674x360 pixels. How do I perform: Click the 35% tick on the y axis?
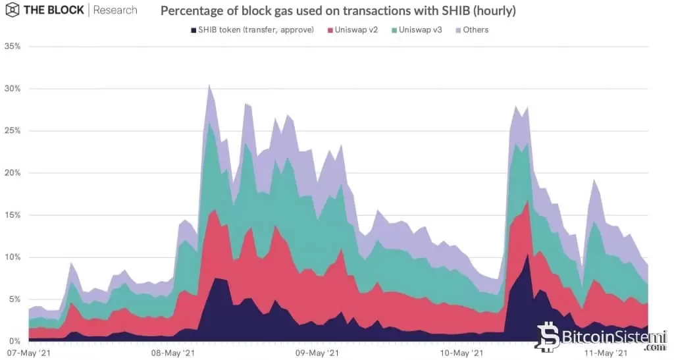coord(13,47)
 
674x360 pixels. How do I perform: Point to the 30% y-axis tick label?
coord(13,89)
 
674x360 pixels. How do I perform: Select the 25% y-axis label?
coord(13,131)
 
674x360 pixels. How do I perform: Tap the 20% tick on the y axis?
coord(13,173)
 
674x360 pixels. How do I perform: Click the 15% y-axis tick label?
coord(13,215)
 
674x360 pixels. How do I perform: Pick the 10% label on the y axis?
coord(13,257)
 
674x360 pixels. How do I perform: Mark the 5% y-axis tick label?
coord(14,299)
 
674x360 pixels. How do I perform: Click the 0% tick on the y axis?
coord(14,341)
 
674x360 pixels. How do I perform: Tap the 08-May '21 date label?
coord(172,353)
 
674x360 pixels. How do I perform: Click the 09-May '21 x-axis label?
coord(317,353)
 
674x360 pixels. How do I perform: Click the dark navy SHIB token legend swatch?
coord(193,30)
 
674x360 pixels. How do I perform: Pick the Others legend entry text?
coord(476,30)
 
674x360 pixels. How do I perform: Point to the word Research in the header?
coord(115,11)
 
